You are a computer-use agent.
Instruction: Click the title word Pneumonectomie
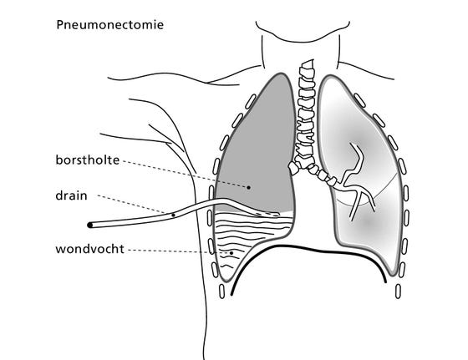[x=109, y=25]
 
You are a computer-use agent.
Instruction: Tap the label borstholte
[x=88, y=160]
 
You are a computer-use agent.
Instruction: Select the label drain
[x=71, y=195]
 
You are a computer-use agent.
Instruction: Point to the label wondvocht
[x=89, y=249]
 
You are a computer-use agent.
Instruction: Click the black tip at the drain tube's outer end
[x=90, y=225]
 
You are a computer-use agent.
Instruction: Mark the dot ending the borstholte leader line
[x=248, y=187]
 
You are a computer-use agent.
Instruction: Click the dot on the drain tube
[x=174, y=215]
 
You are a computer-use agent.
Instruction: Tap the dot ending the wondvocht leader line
[x=231, y=253]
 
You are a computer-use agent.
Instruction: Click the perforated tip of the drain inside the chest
[x=267, y=214]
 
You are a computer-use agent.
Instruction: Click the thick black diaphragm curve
[x=308, y=250]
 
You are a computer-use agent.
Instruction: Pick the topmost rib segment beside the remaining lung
[x=359, y=100]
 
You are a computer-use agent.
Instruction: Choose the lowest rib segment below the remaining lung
[x=398, y=292]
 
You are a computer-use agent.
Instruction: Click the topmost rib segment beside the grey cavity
[x=251, y=101]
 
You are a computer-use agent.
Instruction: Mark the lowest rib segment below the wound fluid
[x=221, y=292]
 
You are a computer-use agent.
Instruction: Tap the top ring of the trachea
[x=308, y=64]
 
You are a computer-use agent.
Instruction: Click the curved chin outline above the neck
[x=303, y=33]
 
